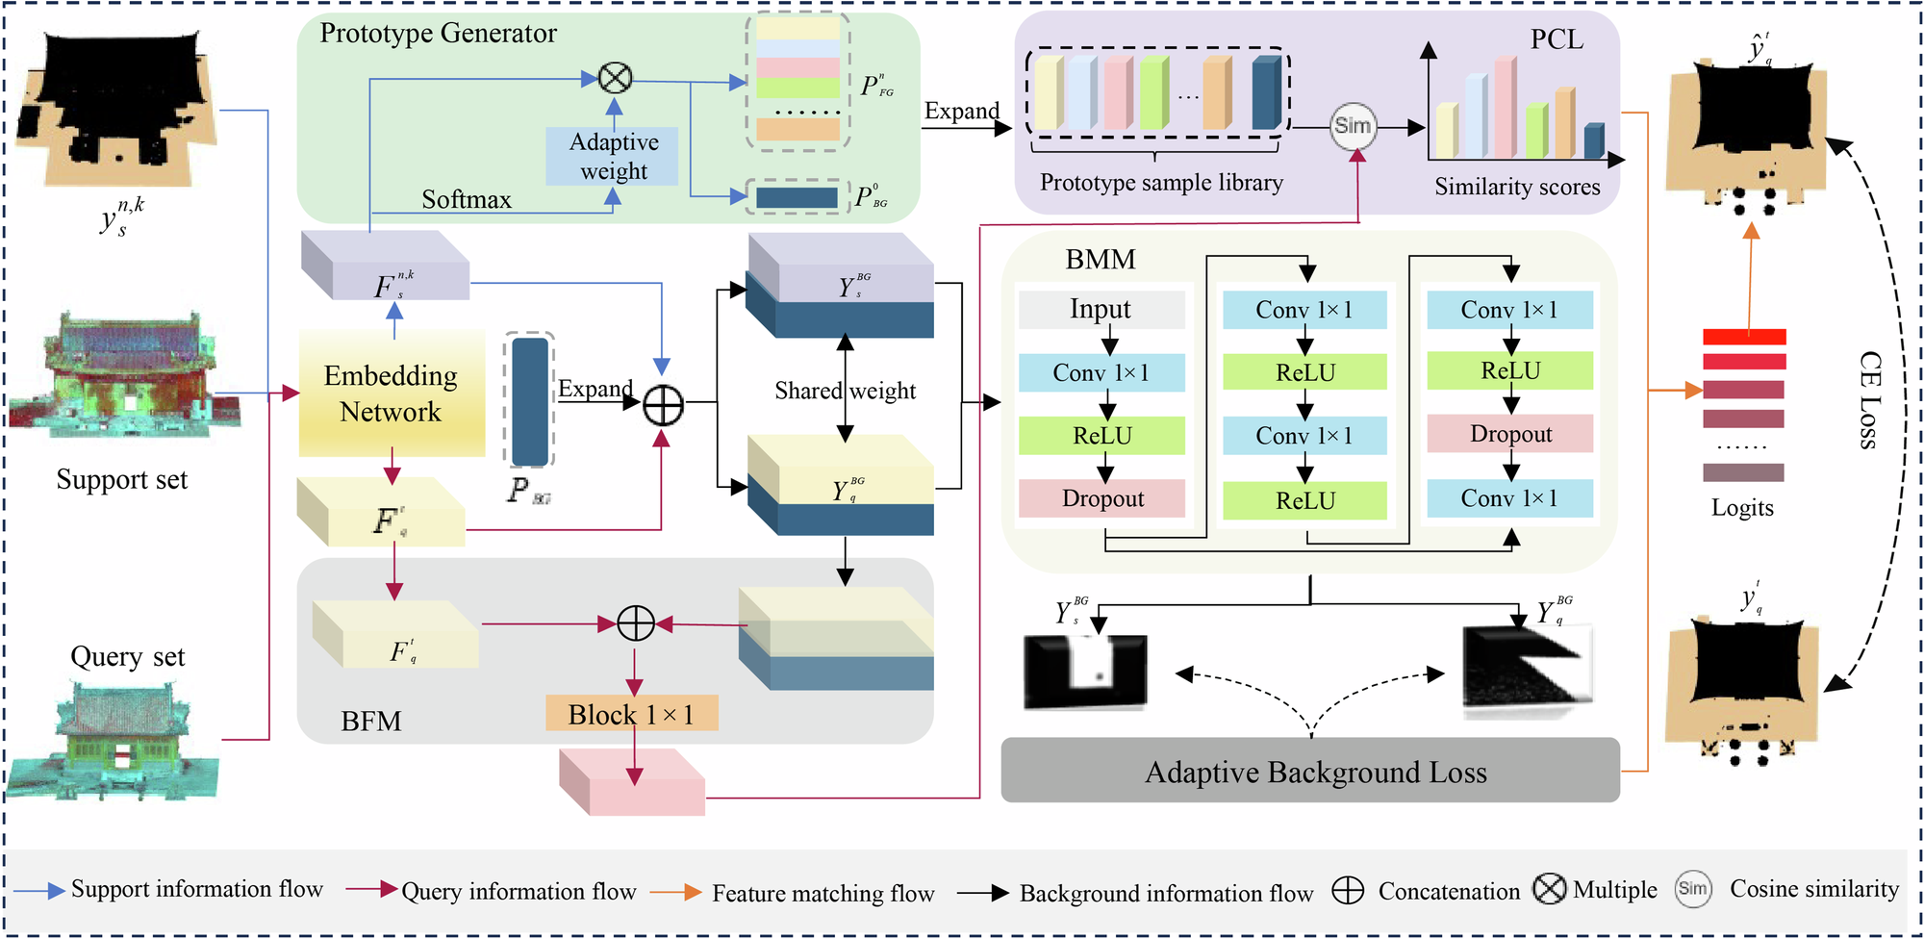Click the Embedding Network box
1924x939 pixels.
tap(391, 393)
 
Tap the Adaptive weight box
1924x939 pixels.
tap(613, 156)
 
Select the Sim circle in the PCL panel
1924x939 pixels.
tap(1352, 126)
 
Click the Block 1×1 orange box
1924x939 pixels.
tap(631, 714)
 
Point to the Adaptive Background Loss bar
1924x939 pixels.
tap(1309, 772)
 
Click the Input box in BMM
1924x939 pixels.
tap(1101, 309)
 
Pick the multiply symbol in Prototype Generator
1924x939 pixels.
tap(615, 78)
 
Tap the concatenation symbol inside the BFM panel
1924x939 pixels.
tap(635, 623)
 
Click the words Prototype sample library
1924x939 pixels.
tap(1161, 183)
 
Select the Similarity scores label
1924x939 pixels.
tap(1517, 187)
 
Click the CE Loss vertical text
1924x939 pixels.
tap(1868, 399)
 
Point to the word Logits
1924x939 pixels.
tap(1741, 507)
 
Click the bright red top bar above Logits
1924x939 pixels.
tap(1743, 337)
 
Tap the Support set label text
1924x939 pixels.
tap(121, 479)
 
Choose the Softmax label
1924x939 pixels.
tap(467, 199)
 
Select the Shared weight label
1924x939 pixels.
tap(845, 391)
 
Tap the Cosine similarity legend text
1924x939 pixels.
tap(1813, 889)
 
